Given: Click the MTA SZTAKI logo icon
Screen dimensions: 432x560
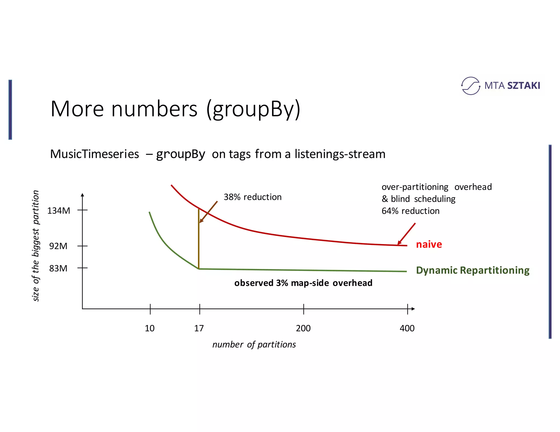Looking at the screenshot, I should tap(470, 86).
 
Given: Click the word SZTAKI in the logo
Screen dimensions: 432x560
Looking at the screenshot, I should tap(524, 86).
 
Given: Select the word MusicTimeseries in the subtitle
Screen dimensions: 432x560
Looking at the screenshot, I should tap(95, 154).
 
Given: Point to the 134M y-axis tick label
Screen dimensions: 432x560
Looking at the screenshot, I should tap(59, 211).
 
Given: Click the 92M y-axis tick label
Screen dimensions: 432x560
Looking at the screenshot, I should tap(58, 246).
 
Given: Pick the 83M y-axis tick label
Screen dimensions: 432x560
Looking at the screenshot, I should tap(58, 268).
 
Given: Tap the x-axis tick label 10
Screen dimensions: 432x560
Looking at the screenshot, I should tap(150, 328).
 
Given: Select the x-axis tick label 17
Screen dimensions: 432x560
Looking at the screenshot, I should tap(199, 328).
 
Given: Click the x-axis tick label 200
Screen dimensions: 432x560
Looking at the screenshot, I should tap(303, 328).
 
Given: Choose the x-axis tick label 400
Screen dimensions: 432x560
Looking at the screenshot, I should tap(407, 328).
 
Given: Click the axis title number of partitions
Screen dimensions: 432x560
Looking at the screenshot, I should tap(254, 345).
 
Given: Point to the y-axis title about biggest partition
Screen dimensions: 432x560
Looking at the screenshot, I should tap(36, 246).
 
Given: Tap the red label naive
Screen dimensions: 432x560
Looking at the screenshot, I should tap(429, 244).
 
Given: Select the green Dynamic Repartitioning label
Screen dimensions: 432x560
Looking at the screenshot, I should tap(472, 270).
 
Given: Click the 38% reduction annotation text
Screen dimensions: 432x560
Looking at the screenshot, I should tap(253, 197).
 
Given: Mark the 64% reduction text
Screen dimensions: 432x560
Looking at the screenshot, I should tap(410, 211).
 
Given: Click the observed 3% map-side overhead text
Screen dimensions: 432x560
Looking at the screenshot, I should tap(303, 283).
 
